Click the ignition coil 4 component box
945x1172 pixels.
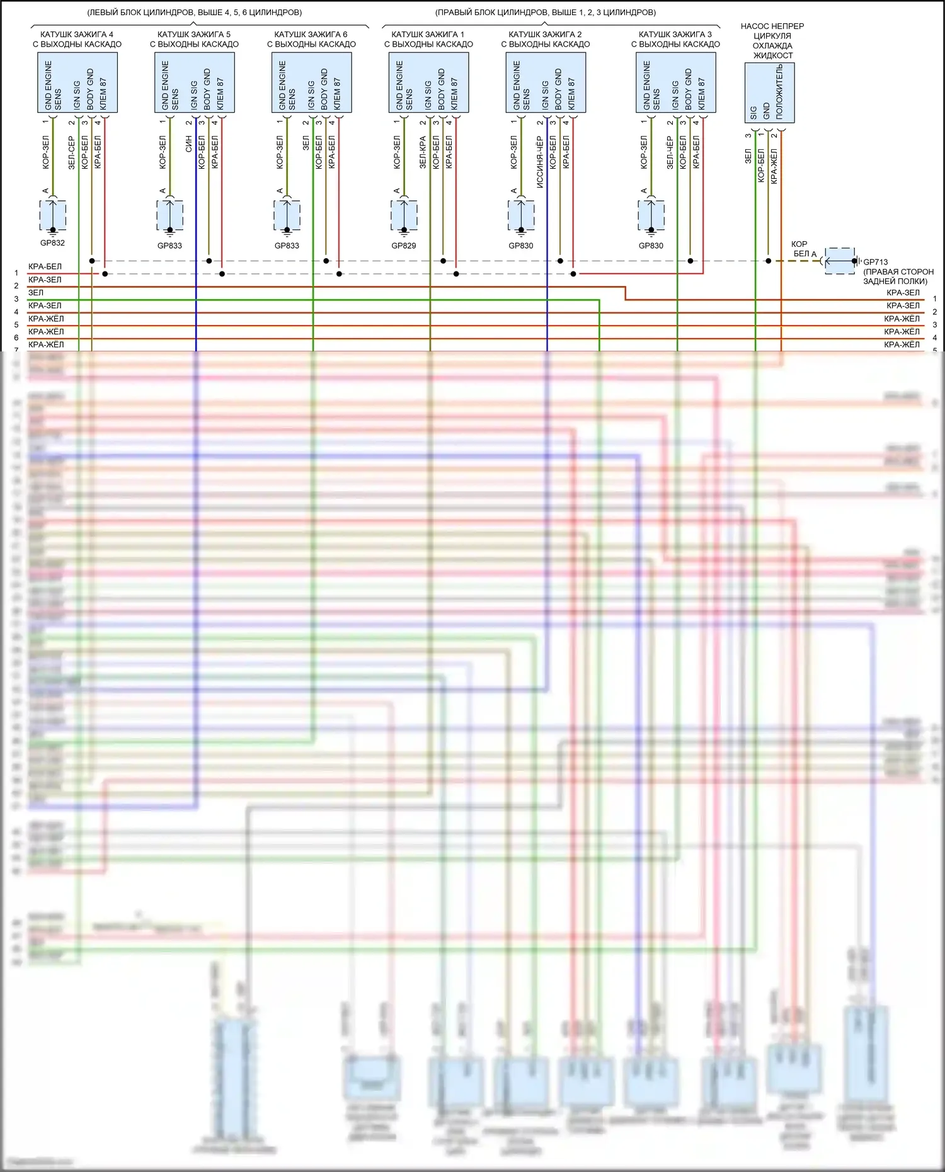(x=77, y=82)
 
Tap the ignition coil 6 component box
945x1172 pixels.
(x=312, y=82)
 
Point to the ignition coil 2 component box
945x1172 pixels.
(x=546, y=82)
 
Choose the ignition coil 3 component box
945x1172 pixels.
(x=676, y=82)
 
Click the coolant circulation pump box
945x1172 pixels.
(x=769, y=93)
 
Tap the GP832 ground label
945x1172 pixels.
(x=52, y=243)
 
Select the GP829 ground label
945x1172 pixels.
(x=404, y=246)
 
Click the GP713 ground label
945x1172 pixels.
(x=876, y=262)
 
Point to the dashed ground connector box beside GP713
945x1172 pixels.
(x=840, y=261)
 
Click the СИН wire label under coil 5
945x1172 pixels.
(x=188, y=144)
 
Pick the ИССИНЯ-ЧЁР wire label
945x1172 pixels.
(x=540, y=162)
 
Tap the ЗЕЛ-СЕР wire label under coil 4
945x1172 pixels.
(x=71, y=152)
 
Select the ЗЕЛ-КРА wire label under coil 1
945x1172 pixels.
(x=423, y=152)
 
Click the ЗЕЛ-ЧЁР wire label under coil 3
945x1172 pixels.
(x=670, y=152)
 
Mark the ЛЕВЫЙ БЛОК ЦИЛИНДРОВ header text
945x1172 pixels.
(x=194, y=13)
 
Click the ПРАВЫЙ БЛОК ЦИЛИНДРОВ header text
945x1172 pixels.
(x=546, y=13)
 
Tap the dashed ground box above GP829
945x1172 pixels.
(x=404, y=215)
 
